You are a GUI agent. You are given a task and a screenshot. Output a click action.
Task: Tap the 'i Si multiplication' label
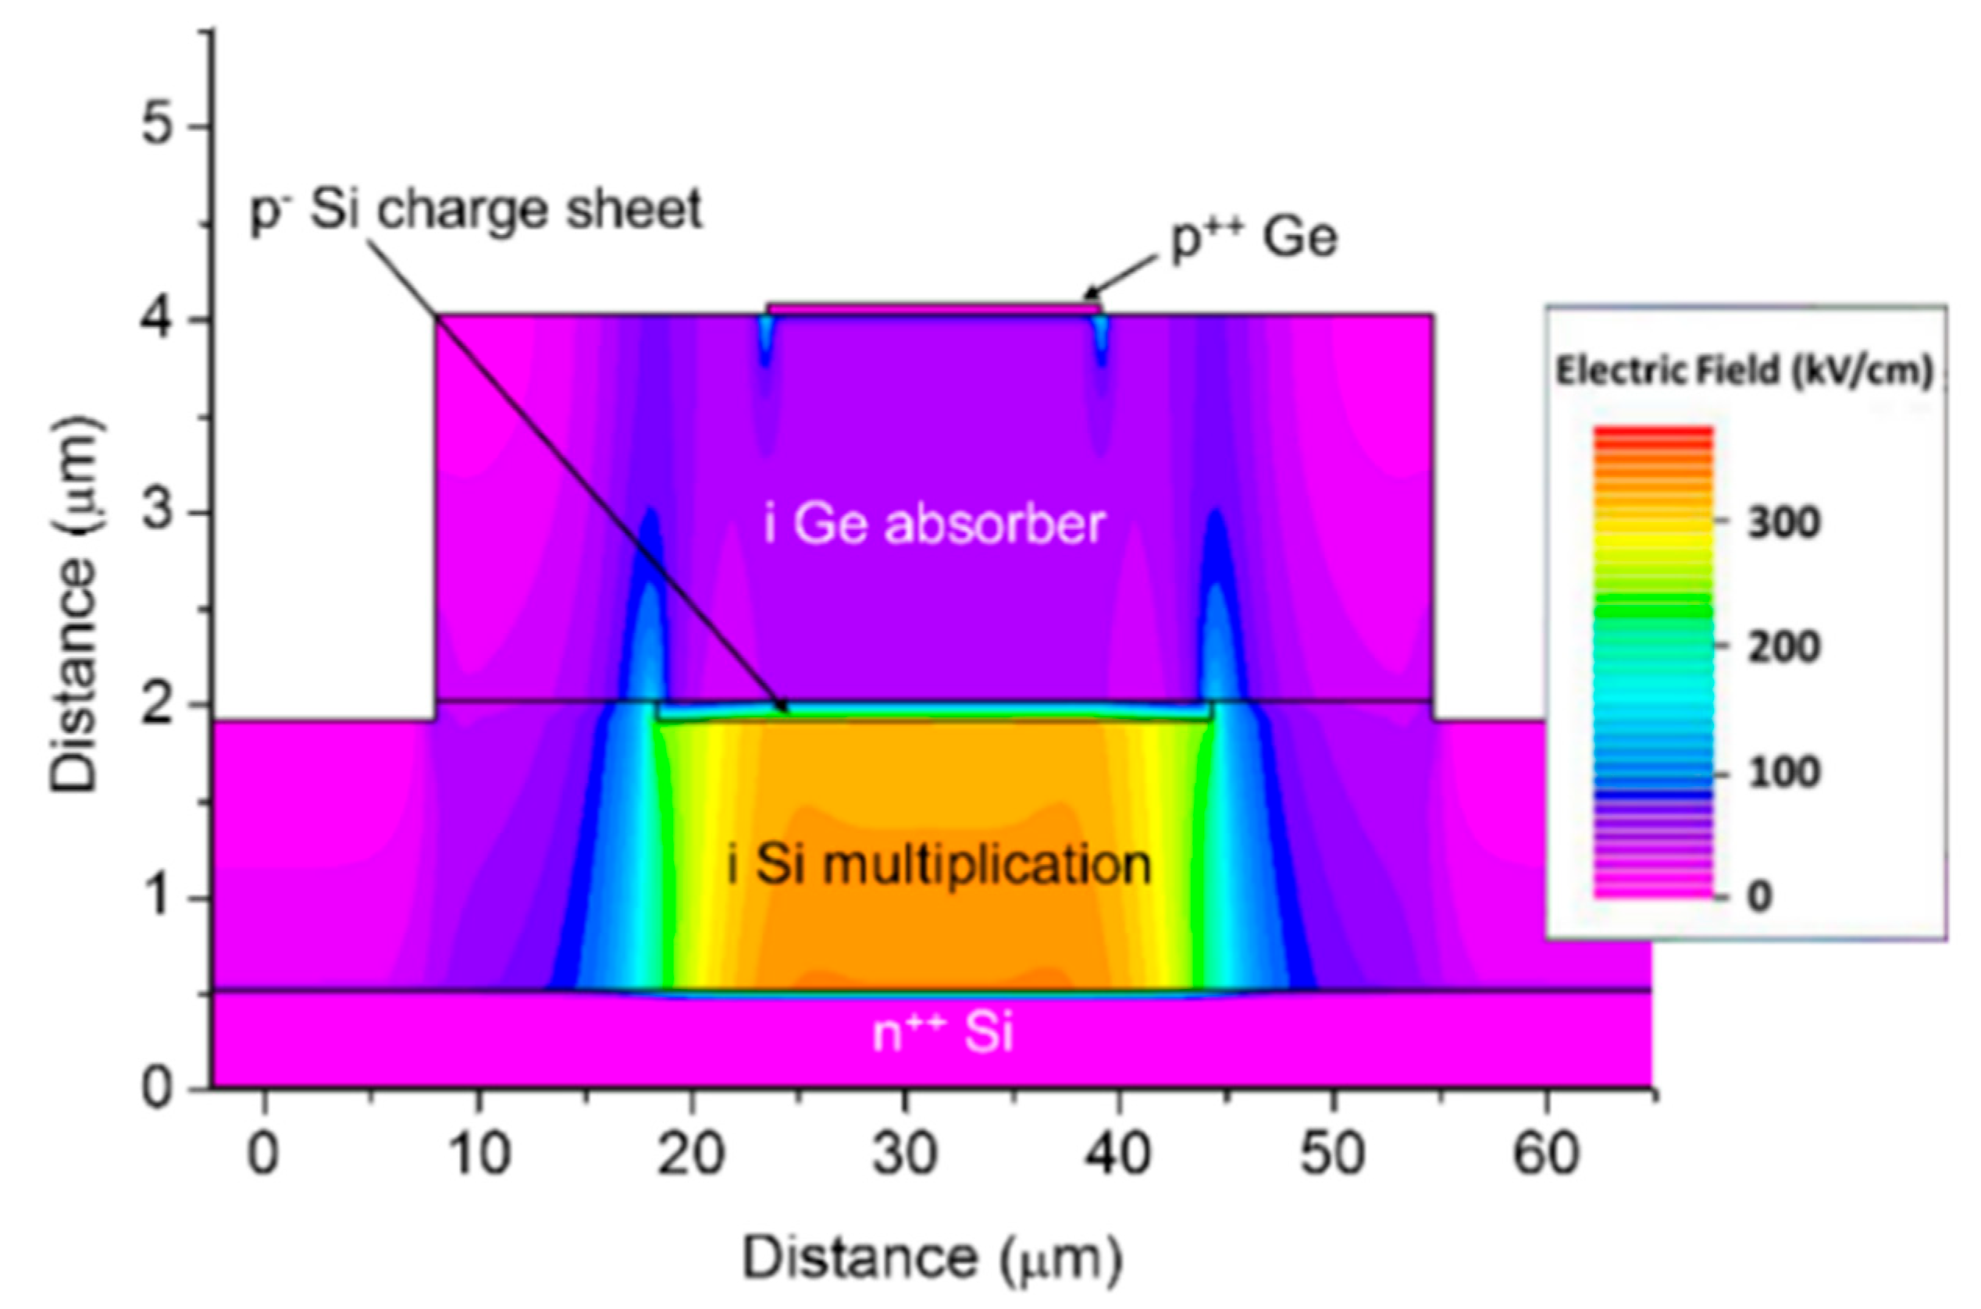tap(939, 865)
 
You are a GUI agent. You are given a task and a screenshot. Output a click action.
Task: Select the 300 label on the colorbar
tap(1784, 525)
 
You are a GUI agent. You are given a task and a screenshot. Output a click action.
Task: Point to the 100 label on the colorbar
tap(1784, 773)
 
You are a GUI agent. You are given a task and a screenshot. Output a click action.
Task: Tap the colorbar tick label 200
tap(1784, 648)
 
